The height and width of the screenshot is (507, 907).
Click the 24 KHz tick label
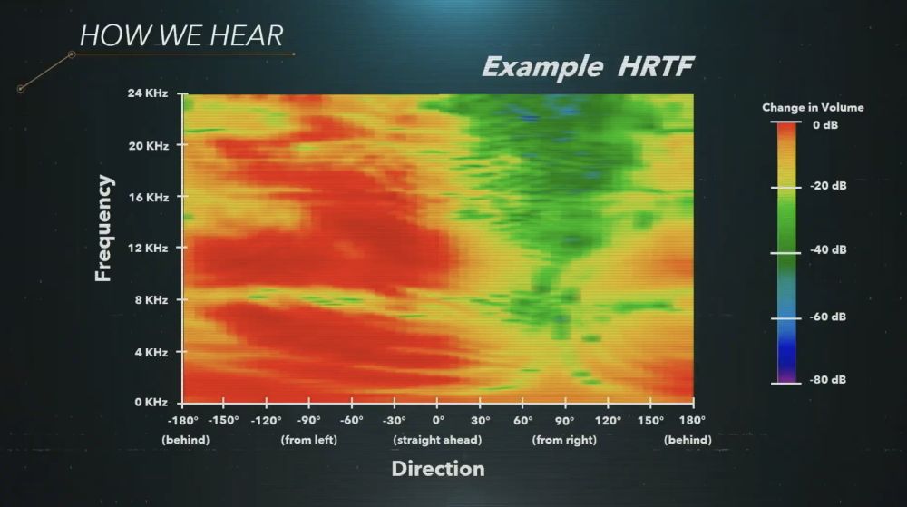pyautogui.click(x=148, y=93)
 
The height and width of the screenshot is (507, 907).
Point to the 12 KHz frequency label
pyautogui.click(x=148, y=249)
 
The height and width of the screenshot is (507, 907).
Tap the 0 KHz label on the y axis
pyautogui.click(x=151, y=403)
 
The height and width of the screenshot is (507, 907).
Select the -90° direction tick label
pyautogui.click(x=309, y=420)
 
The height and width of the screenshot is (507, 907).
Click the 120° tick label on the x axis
pyautogui.click(x=608, y=420)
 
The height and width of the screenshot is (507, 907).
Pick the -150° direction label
pyautogui.click(x=223, y=420)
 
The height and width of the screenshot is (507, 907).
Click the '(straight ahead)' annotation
pyautogui.click(x=437, y=440)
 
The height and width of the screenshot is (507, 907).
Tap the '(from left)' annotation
pyautogui.click(x=309, y=440)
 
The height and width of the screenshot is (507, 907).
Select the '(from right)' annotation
pyautogui.click(x=564, y=440)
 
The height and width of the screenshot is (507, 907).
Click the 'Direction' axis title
pyautogui.click(x=438, y=469)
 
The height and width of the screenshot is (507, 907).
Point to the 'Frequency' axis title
pyautogui.click(x=103, y=229)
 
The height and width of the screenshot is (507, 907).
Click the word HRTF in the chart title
pyautogui.click(x=656, y=66)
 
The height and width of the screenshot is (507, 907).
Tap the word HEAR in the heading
pyautogui.click(x=246, y=36)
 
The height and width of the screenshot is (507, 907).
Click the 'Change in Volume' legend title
pyautogui.click(x=813, y=108)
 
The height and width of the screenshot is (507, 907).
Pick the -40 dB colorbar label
pyautogui.click(x=828, y=249)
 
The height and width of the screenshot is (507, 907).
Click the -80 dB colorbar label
pyautogui.click(x=828, y=380)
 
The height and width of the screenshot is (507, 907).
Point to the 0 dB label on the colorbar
pyautogui.click(x=824, y=125)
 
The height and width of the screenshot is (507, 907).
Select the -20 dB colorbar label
pyautogui.click(x=828, y=186)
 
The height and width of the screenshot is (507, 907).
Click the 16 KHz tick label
pyautogui.click(x=148, y=198)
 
